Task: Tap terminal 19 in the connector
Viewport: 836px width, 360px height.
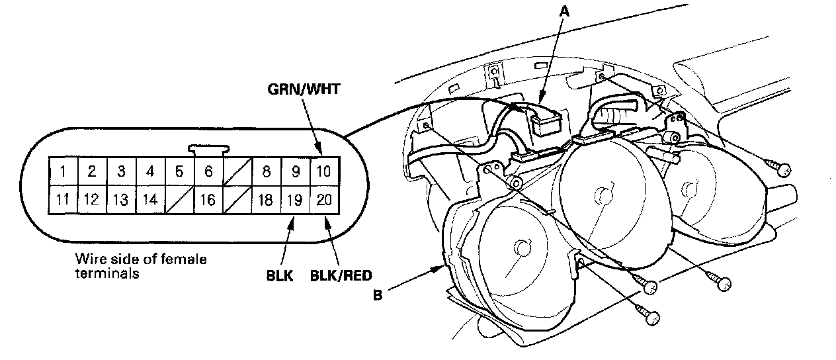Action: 296,200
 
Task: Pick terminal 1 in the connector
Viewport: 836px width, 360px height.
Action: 63,172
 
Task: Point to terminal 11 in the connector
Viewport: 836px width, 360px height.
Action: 63,200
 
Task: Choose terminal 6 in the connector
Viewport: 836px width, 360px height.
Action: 208,172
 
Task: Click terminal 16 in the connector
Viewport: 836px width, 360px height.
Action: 208,200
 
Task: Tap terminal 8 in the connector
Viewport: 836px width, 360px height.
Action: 267,172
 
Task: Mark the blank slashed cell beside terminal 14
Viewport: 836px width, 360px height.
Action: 179,200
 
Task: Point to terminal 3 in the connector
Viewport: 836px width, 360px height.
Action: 121,172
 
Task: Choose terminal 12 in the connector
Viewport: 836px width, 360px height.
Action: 92,200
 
